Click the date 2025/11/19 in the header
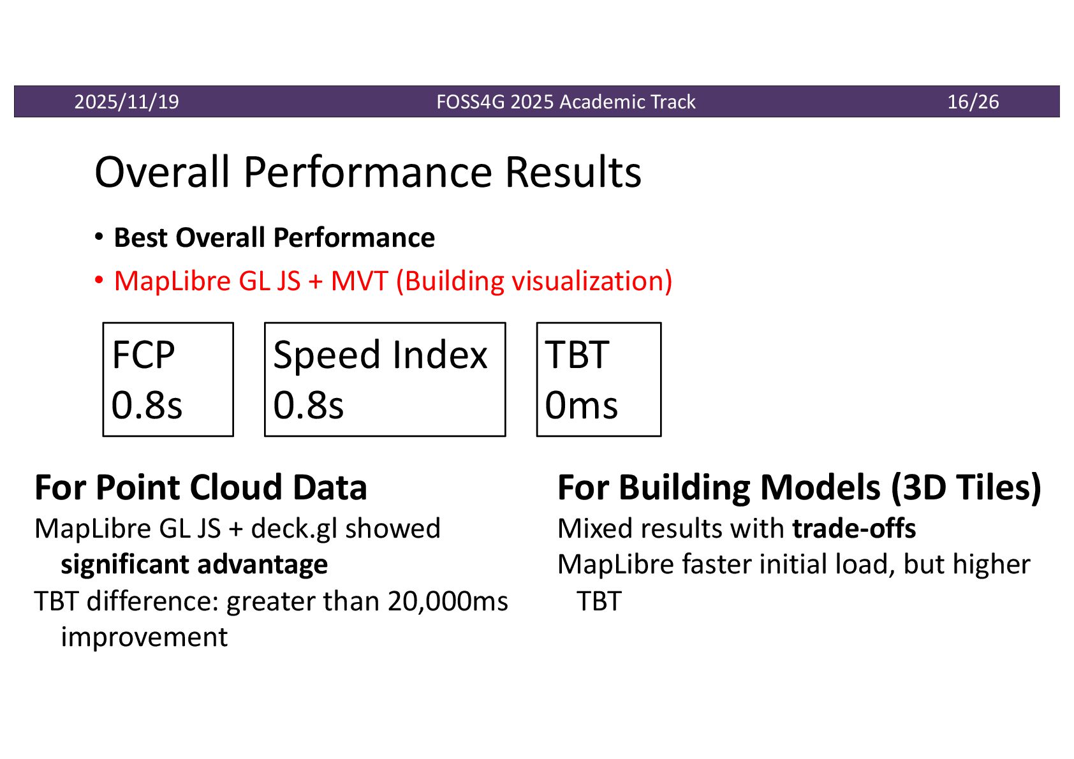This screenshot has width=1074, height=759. tap(126, 102)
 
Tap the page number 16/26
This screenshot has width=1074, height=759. tap(973, 102)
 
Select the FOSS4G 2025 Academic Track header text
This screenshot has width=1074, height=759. tap(566, 102)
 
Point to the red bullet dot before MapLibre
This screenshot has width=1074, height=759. tap(99, 279)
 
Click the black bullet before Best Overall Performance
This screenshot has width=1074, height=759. tap(99, 237)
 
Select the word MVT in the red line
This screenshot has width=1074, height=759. tap(359, 281)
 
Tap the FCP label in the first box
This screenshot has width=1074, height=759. tap(143, 355)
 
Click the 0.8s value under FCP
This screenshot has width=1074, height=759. tap(147, 405)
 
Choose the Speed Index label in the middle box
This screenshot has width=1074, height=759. tap(380, 355)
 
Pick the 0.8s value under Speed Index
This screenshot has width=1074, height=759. tap(308, 405)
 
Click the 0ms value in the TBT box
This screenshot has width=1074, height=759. tap(581, 405)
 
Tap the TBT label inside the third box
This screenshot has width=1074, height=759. tap(577, 355)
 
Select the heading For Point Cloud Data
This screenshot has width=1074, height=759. tap(201, 488)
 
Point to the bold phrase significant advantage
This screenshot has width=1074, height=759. tap(194, 564)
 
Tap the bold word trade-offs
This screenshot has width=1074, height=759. tap(854, 529)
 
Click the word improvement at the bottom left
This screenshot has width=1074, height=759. tap(144, 637)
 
